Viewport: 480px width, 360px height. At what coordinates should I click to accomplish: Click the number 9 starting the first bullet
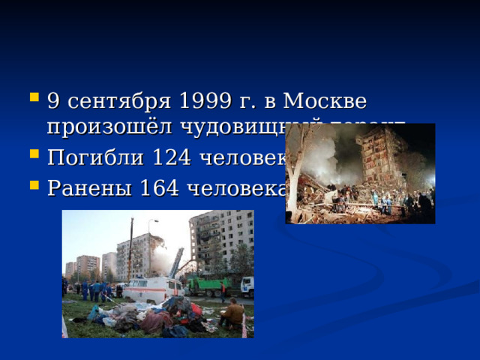pos(53,100)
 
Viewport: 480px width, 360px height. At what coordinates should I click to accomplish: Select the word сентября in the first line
pos(107,100)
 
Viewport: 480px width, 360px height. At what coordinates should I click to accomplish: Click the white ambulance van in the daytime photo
pos(153,289)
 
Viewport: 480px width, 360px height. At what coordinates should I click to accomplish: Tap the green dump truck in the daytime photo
pos(205,285)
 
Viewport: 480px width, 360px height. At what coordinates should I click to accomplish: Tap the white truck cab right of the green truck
pos(247,286)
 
